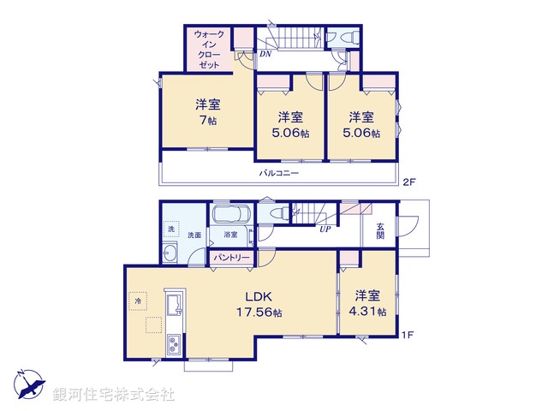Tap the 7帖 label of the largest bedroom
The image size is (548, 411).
pos(208,113)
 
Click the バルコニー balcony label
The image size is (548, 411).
pos(280,173)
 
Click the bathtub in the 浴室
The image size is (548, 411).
pos(229,217)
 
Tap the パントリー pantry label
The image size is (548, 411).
pos(230,257)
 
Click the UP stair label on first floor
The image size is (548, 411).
pos(325,229)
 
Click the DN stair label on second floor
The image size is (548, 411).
pos(265,54)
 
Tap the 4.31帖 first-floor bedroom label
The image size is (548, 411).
pos(370,304)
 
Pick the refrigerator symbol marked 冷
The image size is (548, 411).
pos(137,301)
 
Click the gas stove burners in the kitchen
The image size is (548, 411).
pos(173,344)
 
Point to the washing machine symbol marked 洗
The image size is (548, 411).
pos(170,229)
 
